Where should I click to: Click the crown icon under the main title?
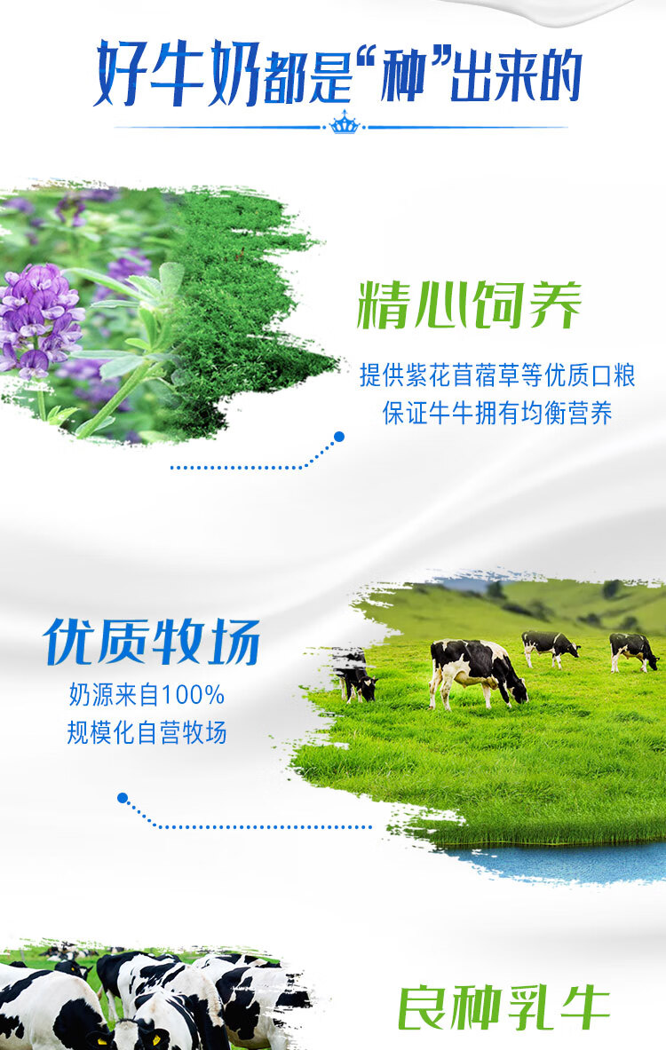[345, 123]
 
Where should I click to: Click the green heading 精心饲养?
[469, 305]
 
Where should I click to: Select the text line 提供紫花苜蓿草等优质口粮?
[497, 375]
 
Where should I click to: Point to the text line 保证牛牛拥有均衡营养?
[497, 414]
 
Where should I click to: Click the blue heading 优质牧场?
[152, 641]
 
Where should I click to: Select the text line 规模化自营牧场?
[147, 732]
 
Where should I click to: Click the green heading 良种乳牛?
[503, 1007]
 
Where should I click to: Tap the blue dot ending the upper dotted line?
[339, 437]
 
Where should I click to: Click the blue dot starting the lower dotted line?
[122, 798]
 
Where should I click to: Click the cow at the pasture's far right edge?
[633, 651]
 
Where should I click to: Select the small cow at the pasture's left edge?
[355, 676]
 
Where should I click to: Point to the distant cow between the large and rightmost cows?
[550, 648]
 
